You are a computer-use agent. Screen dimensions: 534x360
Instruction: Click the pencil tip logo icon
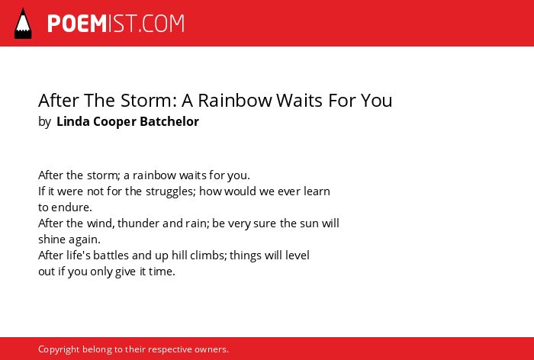pyautogui.click(x=23, y=24)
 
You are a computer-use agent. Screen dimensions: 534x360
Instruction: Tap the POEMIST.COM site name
pyautogui.click(x=116, y=24)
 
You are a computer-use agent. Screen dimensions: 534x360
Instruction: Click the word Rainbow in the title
pyautogui.click(x=235, y=100)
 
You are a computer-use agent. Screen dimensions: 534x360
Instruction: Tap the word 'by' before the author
pyautogui.click(x=44, y=122)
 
